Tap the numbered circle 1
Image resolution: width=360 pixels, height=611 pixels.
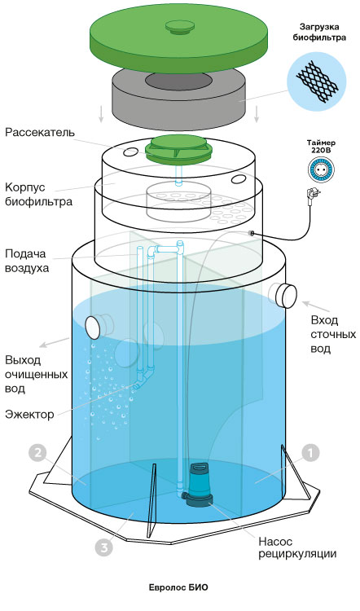pyautogui.click(x=310, y=453)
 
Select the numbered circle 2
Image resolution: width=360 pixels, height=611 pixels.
pyautogui.click(x=37, y=454)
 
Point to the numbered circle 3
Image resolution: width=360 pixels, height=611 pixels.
pyautogui.click(x=104, y=548)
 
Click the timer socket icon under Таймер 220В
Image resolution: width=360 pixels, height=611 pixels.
pyautogui.click(x=321, y=169)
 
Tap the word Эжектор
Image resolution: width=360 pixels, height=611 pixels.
pyautogui.click(x=29, y=414)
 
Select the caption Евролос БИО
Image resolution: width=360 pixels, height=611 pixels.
pyautogui.click(x=178, y=587)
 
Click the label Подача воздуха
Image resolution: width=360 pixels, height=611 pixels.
pyautogui.click(x=27, y=261)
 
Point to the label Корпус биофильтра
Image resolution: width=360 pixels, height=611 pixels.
pyautogui.click(x=38, y=195)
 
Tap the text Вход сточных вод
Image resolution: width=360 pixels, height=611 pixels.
pyautogui.click(x=333, y=334)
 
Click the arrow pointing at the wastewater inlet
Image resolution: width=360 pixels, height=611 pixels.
pyautogui.click(x=317, y=306)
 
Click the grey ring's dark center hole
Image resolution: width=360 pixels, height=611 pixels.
pyautogui.click(x=179, y=81)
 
